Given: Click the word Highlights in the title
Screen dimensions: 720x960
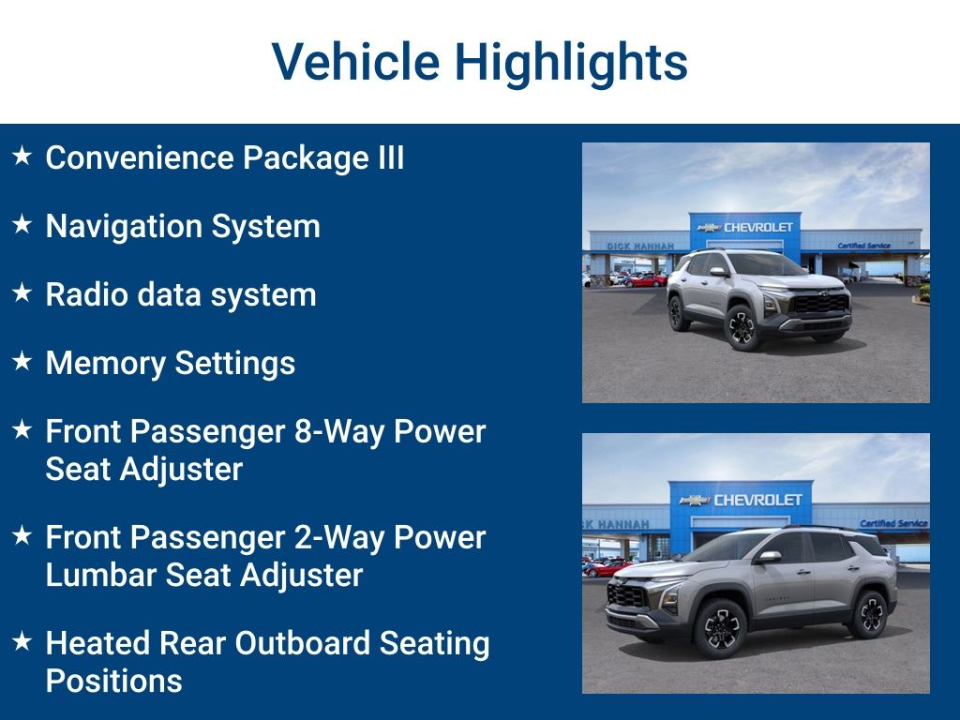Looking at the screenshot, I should click(571, 63).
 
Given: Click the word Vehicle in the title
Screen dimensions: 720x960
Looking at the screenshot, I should click(355, 63).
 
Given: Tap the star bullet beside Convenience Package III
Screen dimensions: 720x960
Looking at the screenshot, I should click(22, 156).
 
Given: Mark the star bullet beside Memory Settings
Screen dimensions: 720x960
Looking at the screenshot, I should click(22, 361).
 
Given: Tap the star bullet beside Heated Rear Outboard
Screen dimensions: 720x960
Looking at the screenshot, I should click(22, 641).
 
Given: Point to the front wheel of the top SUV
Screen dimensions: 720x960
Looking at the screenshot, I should click(742, 327).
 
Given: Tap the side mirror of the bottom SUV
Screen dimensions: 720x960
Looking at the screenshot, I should click(770, 557).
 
